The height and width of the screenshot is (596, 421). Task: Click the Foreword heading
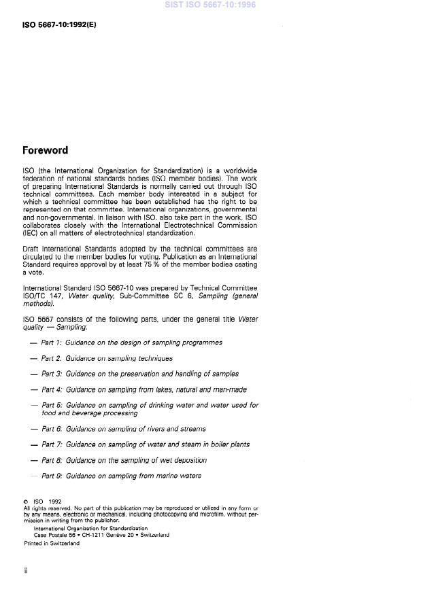tap(46, 150)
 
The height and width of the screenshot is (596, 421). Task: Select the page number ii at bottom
tap(26, 571)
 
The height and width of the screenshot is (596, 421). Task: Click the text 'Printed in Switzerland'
tap(52, 543)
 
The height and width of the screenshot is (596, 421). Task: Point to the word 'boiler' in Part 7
tap(209, 444)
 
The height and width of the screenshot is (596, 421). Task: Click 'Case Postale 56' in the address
tap(56, 535)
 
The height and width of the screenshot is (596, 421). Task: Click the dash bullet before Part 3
tap(34, 374)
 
